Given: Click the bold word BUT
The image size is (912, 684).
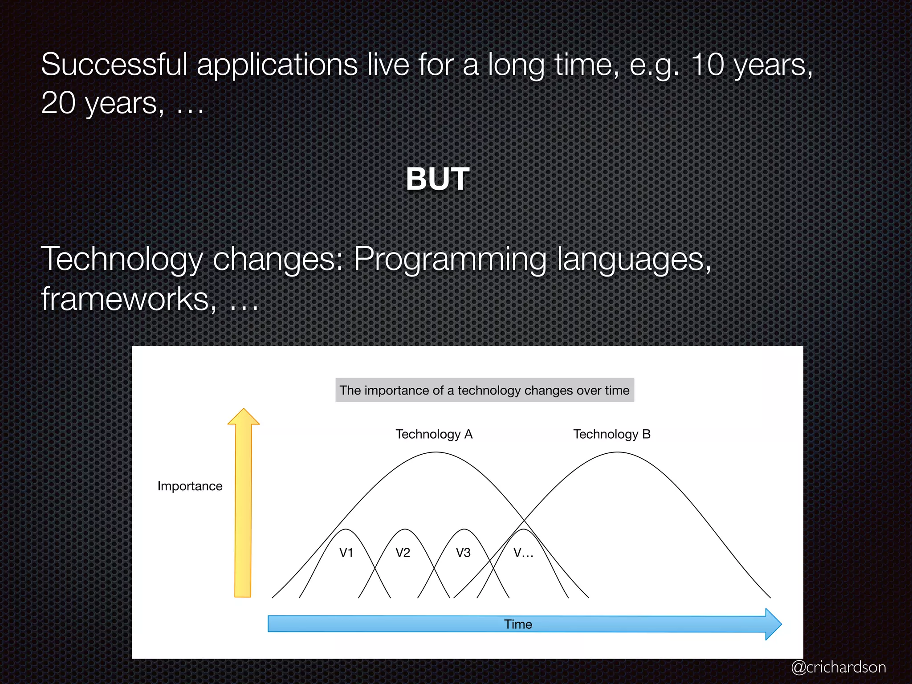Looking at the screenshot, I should point(437,179).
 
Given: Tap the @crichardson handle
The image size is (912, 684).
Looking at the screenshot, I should point(838,667).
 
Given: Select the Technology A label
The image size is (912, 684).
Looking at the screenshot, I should point(434,434).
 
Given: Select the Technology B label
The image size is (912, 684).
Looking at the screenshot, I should point(612,434).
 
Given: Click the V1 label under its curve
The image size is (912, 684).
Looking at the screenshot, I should point(346,553).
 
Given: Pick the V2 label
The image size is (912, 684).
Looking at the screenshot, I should point(403,553).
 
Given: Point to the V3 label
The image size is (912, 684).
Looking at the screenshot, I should point(463,553).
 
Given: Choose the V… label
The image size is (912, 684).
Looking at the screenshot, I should point(523,553).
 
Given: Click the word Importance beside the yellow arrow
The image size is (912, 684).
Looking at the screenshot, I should point(190,486).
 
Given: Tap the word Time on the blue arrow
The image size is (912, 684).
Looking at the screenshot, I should point(518,624).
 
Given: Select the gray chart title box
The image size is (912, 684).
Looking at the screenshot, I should point(484,390).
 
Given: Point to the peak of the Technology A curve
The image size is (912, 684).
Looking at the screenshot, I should point(436,452).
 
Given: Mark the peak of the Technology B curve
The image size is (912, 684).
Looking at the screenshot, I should point(617,452).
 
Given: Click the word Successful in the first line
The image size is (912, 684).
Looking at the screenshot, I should point(114,65).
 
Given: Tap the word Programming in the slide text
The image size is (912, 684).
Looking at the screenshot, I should point(450,259).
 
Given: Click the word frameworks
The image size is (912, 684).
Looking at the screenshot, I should point(125,298).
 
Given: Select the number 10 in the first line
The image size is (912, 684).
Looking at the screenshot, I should point(708,65).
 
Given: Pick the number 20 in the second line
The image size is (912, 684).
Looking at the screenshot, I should point(58,103).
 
